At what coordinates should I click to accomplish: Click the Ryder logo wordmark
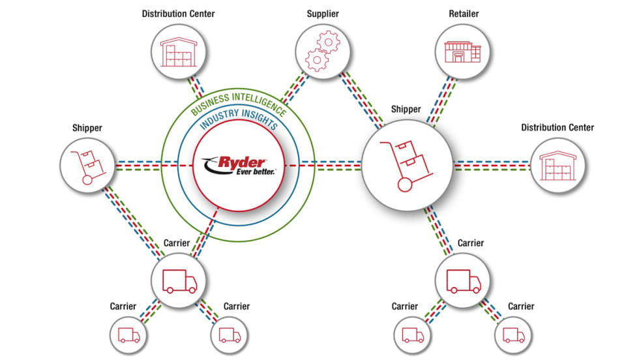pyautogui.click(x=242, y=160)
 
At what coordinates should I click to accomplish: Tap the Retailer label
pyautogui.click(x=464, y=13)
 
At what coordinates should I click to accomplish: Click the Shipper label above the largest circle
pyautogui.click(x=406, y=109)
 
